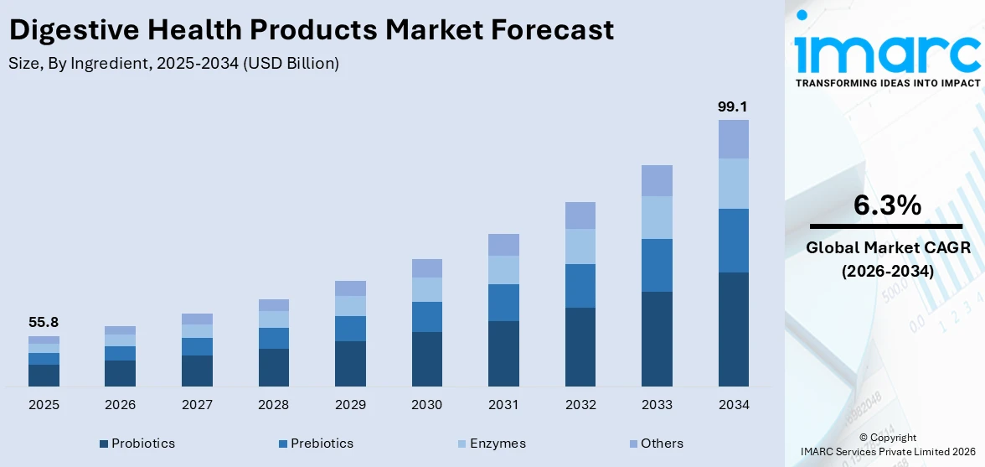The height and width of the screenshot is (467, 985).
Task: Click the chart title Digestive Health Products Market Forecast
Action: [311, 30]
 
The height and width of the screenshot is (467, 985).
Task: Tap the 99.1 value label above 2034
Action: [733, 106]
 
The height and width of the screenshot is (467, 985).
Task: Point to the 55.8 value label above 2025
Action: [44, 323]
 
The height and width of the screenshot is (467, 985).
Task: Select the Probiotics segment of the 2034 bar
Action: [733, 329]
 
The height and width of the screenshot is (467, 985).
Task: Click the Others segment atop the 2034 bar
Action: [733, 139]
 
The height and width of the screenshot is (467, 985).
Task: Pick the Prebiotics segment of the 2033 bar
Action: [657, 265]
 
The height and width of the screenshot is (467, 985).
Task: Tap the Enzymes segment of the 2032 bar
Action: [580, 246]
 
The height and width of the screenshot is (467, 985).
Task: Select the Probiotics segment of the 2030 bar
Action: [426, 359]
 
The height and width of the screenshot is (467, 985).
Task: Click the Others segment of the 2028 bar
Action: [273, 305]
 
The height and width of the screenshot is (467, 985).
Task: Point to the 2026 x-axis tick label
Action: [120, 405]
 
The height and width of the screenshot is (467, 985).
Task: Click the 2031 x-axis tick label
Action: [503, 405]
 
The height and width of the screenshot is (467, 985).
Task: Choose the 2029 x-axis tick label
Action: [350, 405]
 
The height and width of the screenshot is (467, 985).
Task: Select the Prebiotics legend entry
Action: [316, 444]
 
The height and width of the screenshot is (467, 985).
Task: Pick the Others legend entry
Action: [655, 444]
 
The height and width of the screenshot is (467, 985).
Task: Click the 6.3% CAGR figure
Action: [886, 205]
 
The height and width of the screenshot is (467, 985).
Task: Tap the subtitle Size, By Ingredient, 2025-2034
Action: [173, 64]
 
